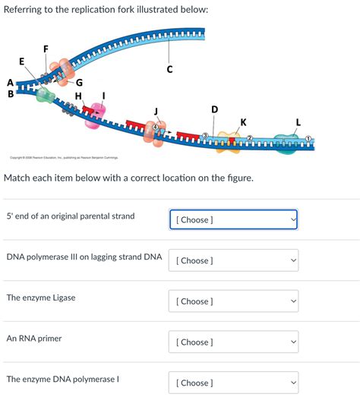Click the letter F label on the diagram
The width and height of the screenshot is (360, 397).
point(46,49)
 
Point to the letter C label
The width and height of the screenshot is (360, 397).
point(170,70)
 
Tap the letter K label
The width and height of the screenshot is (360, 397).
point(243,121)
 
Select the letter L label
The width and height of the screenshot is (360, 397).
point(298,121)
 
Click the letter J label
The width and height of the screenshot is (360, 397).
point(156,112)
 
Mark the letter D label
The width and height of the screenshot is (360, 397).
point(214,109)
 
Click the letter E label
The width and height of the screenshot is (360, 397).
point(21,61)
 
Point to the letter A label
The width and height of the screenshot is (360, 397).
point(9,82)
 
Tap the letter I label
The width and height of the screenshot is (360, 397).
point(104,95)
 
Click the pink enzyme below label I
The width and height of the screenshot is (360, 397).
point(92,118)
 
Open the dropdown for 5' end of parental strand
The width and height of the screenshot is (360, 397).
point(232,219)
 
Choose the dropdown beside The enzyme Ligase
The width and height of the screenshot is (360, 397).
point(232,301)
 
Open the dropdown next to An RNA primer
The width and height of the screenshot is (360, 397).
point(232,342)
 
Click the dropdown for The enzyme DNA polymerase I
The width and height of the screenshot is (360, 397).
point(232,383)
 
